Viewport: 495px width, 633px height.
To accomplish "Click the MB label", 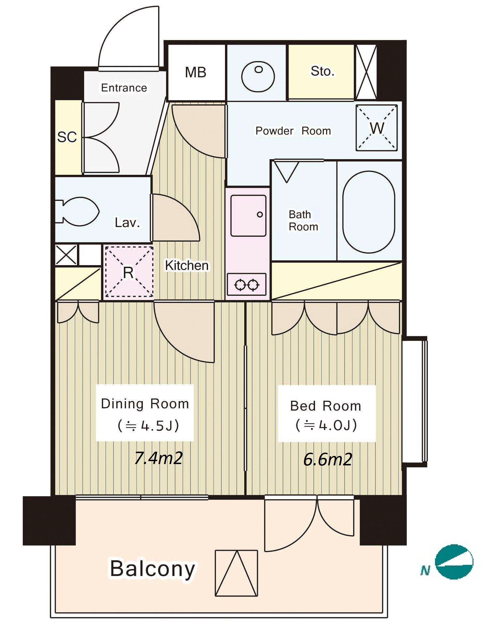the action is (x=195, y=72).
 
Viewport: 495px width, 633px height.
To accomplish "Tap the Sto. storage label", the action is (x=322, y=71).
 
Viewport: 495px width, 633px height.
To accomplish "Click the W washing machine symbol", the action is (x=377, y=128).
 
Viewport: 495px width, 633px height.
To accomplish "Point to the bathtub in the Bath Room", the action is (x=369, y=212).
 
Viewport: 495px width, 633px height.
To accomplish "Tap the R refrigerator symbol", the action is (x=128, y=272).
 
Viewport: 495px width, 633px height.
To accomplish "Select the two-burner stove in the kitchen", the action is (x=247, y=284).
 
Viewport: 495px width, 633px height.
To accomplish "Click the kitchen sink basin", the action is (x=248, y=216).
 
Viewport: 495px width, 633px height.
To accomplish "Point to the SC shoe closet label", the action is (x=67, y=137).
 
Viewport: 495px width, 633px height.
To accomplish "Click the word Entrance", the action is (x=124, y=88).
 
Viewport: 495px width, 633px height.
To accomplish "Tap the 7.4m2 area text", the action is (x=158, y=458).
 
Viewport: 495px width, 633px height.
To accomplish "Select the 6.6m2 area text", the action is (x=328, y=460).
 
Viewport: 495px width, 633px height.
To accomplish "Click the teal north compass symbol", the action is (x=454, y=562).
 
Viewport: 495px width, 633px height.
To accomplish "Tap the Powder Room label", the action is (x=293, y=131).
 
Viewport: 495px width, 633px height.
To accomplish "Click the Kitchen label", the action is (x=187, y=265).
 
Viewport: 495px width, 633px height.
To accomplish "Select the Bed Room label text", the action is (x=326, y=406).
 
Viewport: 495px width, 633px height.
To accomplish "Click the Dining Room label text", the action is (x=145, y=404).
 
